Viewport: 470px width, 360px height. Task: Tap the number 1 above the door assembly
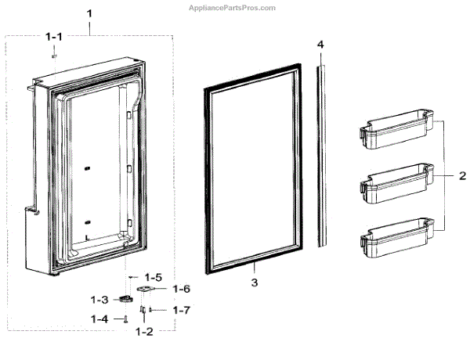pos(89,14)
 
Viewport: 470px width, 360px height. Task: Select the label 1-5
pos(154,276)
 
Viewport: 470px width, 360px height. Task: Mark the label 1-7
pos(181,310)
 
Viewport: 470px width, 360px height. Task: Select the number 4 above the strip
pos(320,45)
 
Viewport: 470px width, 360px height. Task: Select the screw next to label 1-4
pos(125,319)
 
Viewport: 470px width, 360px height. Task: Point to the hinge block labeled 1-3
pos(125,299)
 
